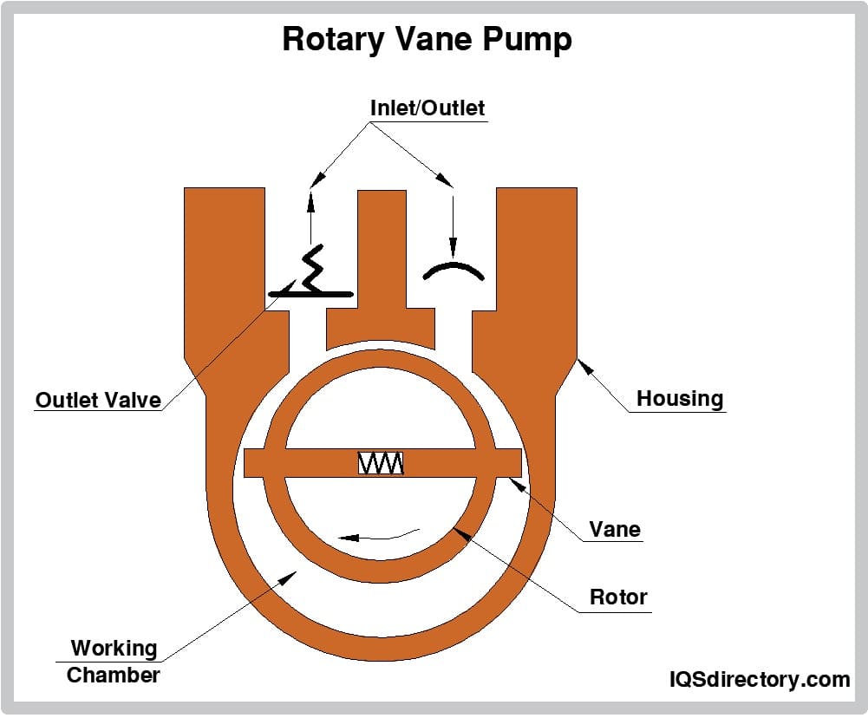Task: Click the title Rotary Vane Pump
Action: point(427,40)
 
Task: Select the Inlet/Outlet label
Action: point(427,108)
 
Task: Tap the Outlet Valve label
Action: point(98,400)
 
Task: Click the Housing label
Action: point(679,399)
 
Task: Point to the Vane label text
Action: point(615,529)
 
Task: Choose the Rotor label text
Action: point(618,597)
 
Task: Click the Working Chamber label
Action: point(114,661)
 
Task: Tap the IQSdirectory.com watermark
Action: point(759,679)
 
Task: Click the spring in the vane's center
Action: point(381,464)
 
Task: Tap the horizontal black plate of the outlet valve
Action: point(310,295)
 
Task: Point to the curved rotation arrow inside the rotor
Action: point(379,535)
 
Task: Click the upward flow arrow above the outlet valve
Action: point(310,217)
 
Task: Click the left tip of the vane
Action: point(252,464)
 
